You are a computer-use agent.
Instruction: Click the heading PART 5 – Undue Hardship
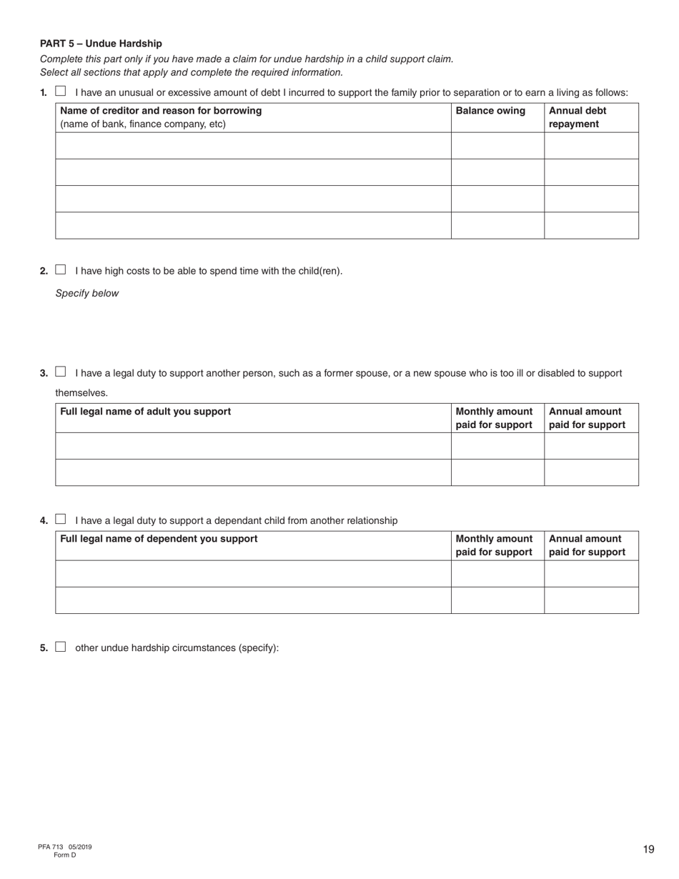[x=101, y=44]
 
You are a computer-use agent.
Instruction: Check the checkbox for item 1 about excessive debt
[x=61, y=91]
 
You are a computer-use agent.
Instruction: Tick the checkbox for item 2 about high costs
[x=61, y=270]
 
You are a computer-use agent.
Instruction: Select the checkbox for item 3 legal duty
[x=61, y=372]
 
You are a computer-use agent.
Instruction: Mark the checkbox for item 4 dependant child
[x=61, y=520]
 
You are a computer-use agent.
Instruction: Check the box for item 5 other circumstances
[x=61, y=647]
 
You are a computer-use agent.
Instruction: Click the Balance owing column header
[x=490, y=111]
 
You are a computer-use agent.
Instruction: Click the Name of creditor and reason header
[x=161, y=111]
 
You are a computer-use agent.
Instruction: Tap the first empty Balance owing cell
[x=497, y=145]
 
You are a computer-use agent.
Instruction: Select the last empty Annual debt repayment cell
[x=591, y=225]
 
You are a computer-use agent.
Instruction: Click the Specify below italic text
[x=87, y=293]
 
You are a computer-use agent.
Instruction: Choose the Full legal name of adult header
[x=146, y=412]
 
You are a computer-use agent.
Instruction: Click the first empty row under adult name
[x=253, y=446]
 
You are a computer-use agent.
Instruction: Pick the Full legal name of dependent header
[x=159, y=539]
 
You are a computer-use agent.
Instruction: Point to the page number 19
[x=648, y=849]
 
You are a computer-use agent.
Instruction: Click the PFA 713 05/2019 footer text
[x=65, y=847]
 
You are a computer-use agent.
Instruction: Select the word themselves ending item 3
[x=81, y=392]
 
